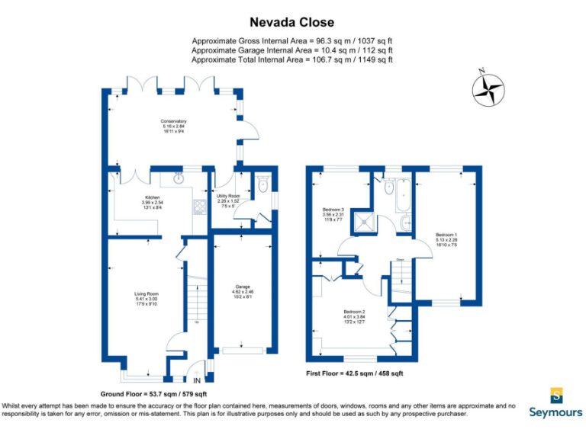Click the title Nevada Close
(293, 23)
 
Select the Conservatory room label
(173, 125)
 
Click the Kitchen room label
(153, 201)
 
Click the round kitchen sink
(179, 181)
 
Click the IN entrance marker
(196, 379)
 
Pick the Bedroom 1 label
(446, 238)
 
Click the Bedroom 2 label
(355, 316)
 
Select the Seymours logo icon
(557, 395)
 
